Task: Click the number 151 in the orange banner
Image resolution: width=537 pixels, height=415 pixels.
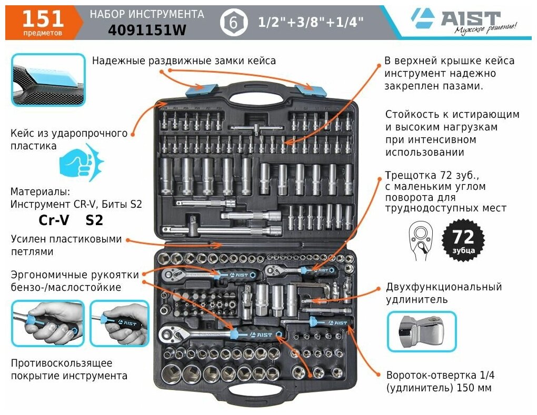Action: pyautogui.click(x=43, y=18)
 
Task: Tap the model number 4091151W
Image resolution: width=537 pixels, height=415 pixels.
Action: pyautogui.click(x=147, y=31)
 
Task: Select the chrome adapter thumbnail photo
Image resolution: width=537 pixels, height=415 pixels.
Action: pyautogui.click(x=422, y=331)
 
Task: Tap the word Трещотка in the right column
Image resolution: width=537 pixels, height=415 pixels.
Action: pyautogui.click(x=411, y=175)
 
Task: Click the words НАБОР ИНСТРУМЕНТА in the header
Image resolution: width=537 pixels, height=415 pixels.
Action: pyautogui.click(x=147, y=14)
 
